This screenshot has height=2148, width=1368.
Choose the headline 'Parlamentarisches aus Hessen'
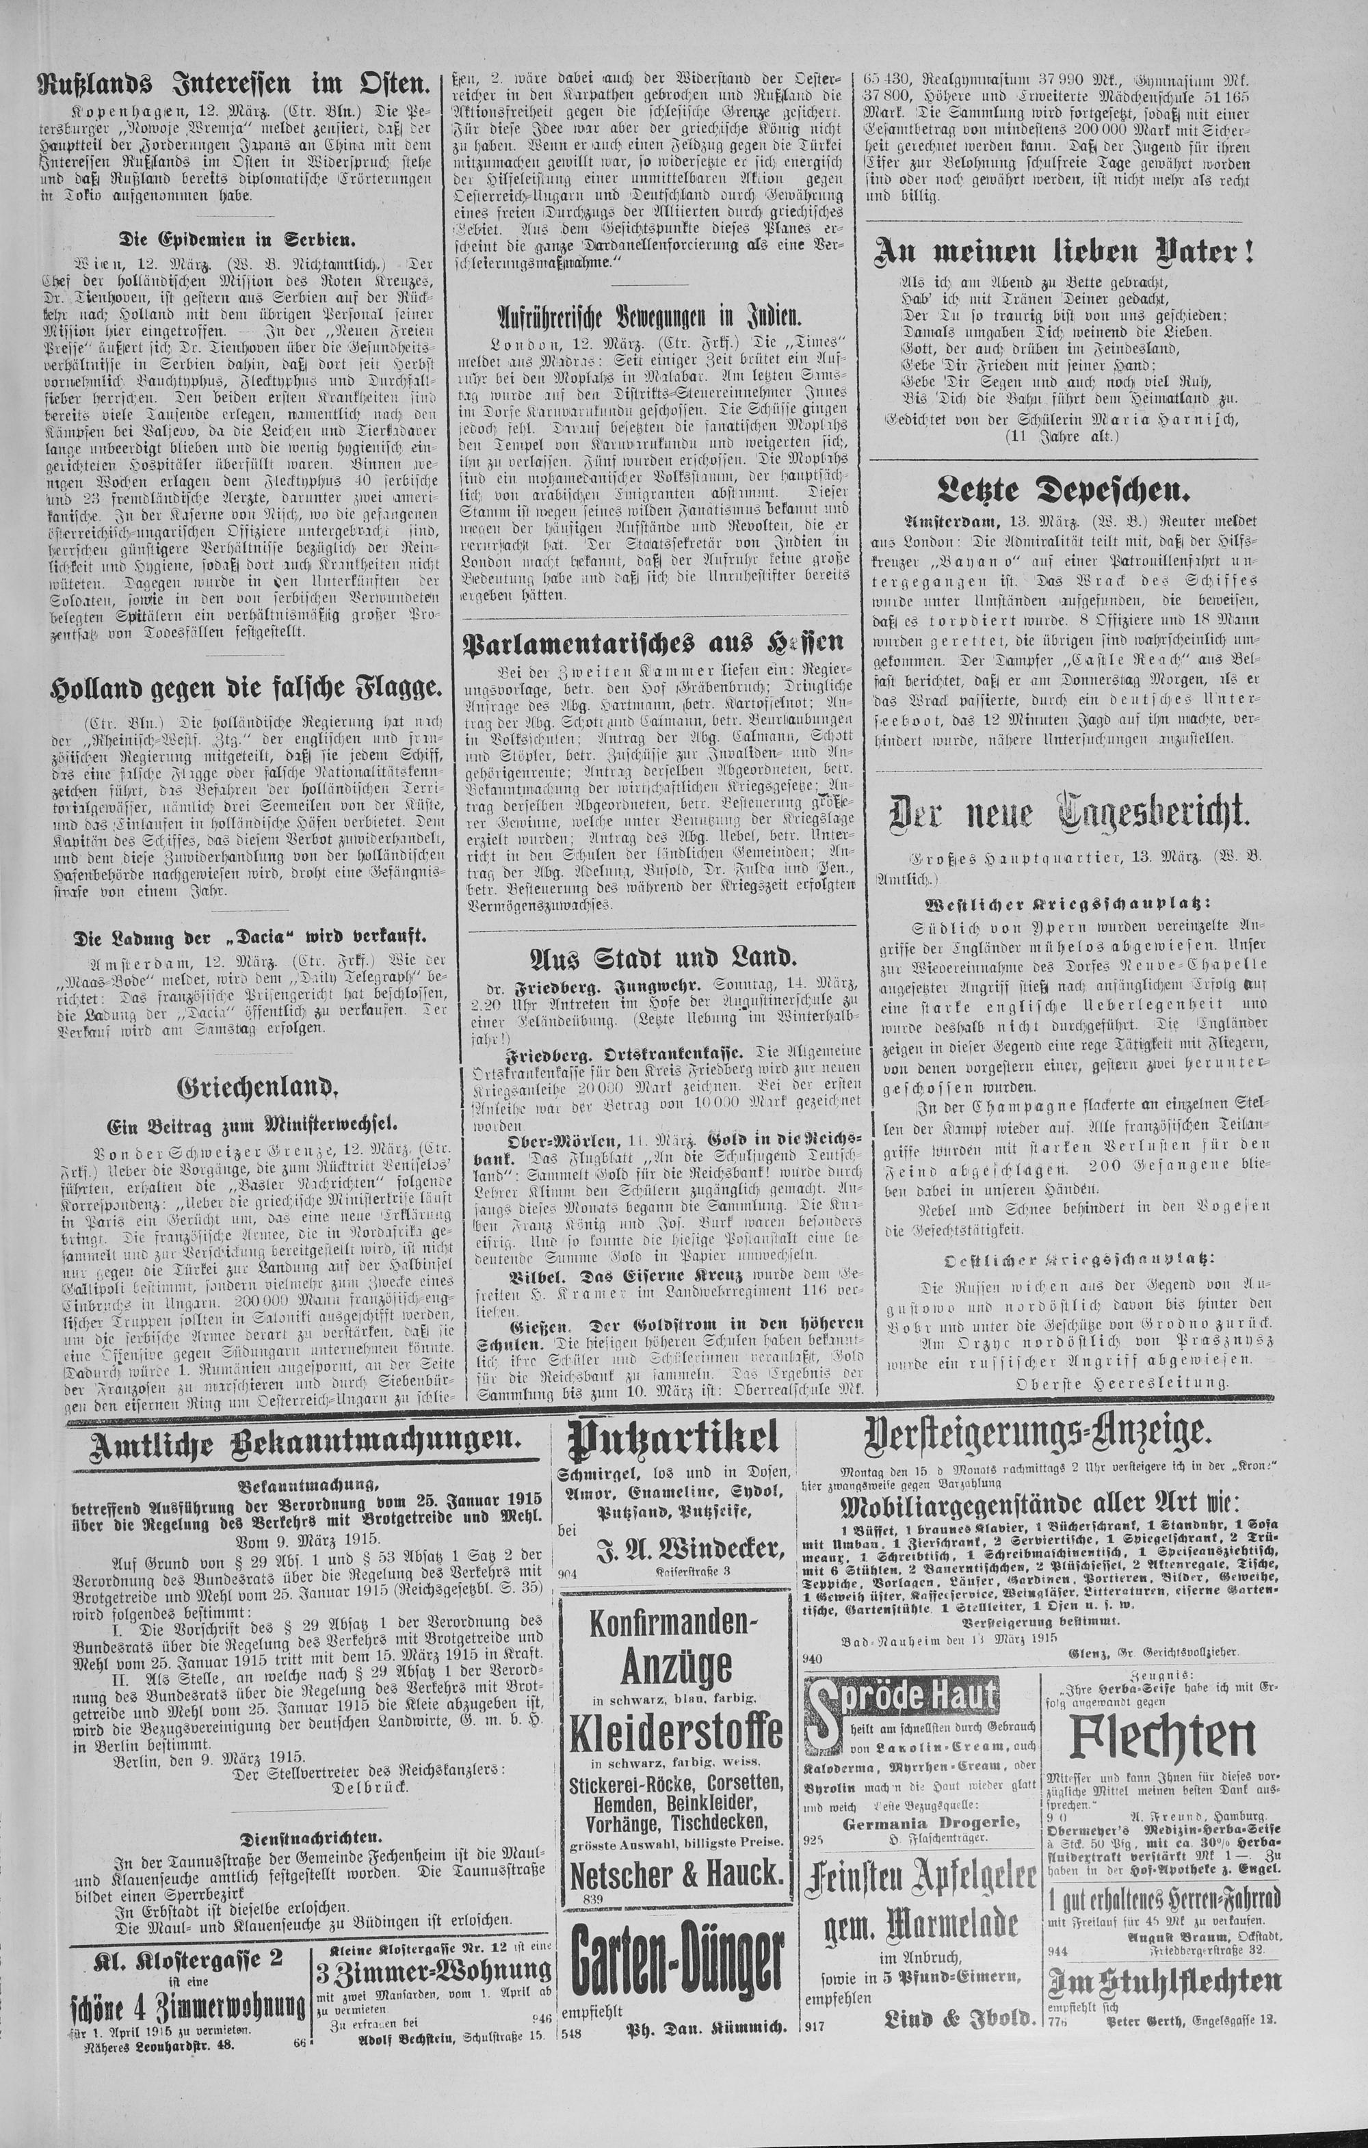[650, 643]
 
